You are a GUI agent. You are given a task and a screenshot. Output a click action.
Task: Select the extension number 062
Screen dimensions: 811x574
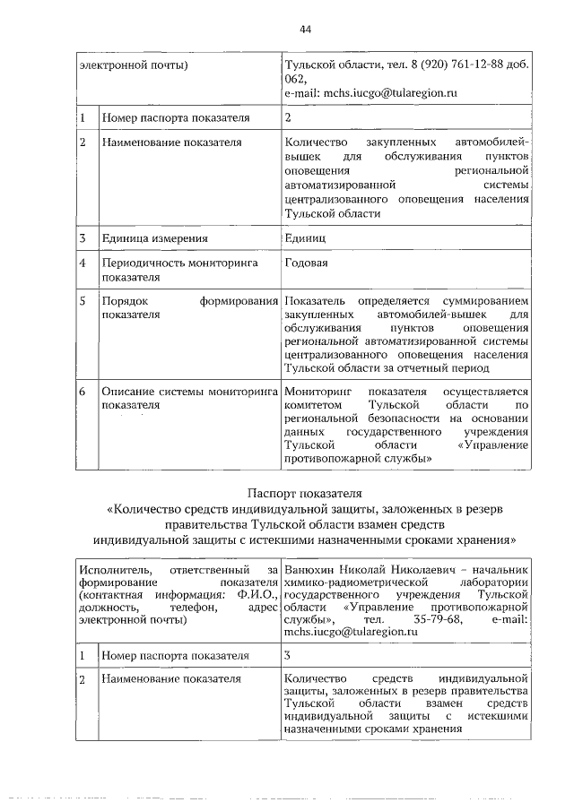coord(295,78)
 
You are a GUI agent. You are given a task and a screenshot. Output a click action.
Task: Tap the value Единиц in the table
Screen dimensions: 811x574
coord(305,238)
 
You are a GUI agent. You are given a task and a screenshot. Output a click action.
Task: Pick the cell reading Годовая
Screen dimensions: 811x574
coord(306,263)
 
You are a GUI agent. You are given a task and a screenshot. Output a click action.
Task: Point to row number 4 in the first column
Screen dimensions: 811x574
coord(82,263)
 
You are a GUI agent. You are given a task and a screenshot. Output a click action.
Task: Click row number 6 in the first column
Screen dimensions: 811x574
coord(82,391)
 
